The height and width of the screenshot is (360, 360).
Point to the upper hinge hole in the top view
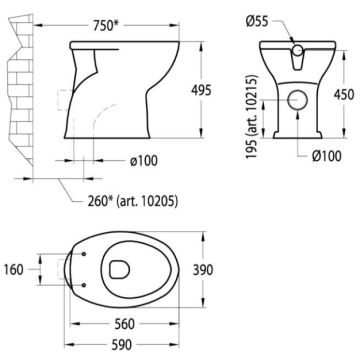[82, 255]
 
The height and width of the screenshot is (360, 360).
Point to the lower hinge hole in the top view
[82, 280]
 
